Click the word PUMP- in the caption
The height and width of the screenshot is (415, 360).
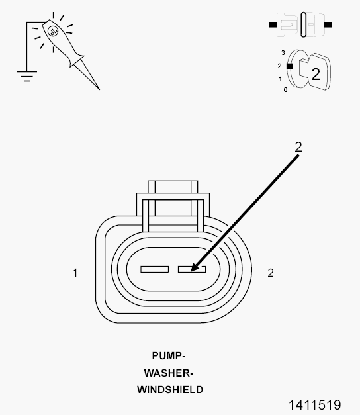point(169,355)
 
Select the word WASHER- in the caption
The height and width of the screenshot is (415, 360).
point(169,373)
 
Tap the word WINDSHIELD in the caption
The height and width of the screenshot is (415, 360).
point(170,390)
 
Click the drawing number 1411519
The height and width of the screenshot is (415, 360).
point(314,405)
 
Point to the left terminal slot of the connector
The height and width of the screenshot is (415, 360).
point(155,269)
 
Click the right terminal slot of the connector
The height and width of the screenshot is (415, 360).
point(192,269)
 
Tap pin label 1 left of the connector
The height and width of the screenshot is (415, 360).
point(75,273)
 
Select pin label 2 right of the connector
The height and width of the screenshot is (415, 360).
point(271,273)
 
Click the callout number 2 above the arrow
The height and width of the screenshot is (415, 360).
point(298,147)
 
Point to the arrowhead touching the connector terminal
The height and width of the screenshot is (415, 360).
point(195,267)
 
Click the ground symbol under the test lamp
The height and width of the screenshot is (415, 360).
point(26,76)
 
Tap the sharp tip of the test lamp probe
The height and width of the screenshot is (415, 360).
point(99,89)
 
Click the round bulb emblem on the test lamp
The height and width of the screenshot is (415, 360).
point(53,32)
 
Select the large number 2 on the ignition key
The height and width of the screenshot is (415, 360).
point(316,74)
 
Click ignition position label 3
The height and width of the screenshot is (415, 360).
point(283,53)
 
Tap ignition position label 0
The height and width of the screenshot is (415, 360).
point(285,90)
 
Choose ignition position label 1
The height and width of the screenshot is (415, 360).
point(281,79)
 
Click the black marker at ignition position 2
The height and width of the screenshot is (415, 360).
point(290,66)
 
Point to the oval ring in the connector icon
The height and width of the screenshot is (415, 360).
point(304,24)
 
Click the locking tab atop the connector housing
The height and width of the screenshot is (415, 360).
point(173,198)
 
